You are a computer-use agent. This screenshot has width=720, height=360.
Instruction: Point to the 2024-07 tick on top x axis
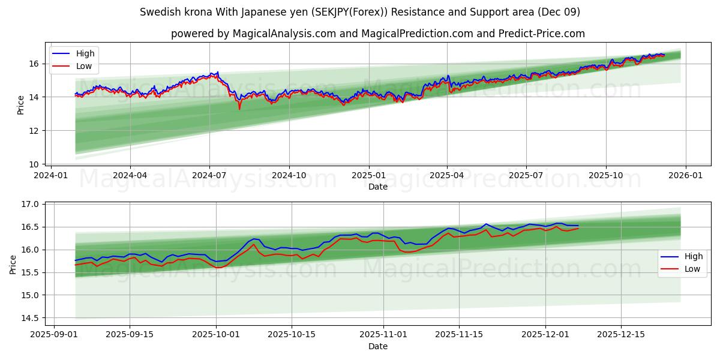(209, 175)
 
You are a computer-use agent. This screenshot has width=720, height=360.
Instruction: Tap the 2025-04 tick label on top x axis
(447, 175)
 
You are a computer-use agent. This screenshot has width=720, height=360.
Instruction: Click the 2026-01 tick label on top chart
(685, 175)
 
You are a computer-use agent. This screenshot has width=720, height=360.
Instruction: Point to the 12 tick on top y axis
(34, 131)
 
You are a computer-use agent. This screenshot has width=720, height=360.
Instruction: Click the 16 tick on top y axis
(34, 64)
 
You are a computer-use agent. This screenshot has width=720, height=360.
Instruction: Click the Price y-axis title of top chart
(21, 105)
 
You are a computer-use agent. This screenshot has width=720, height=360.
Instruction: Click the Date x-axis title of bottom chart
(377, 346)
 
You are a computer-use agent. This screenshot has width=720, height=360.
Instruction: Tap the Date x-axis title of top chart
(377, 187)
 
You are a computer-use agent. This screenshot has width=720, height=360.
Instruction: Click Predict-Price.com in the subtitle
(542, 34)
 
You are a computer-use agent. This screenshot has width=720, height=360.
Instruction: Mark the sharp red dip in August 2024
(239, 109)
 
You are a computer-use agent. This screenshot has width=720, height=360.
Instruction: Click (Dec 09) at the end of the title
(558, 12)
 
